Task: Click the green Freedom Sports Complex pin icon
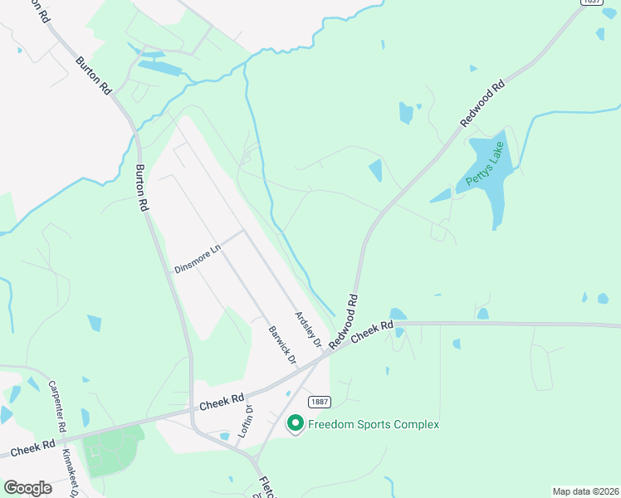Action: [295, 424]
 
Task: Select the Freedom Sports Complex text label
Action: [373, 425]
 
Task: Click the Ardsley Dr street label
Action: [308, 329]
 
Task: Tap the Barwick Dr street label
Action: [282, 344]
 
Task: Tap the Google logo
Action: [27, 488]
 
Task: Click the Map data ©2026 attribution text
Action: [585, 491]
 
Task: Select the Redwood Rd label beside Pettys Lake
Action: [482, 104]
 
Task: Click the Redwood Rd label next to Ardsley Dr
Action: [343, 320]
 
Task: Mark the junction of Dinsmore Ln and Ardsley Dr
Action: [244, 231]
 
